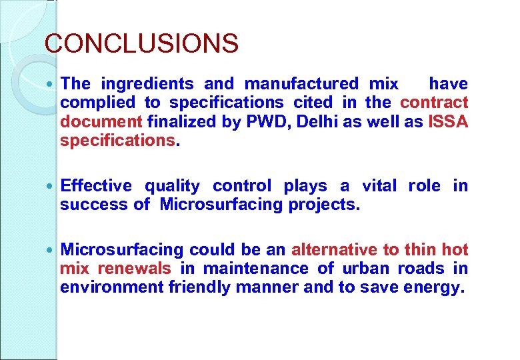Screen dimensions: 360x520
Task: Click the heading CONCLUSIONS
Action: pos(141,44)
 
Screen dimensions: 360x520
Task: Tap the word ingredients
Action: pos(147,84)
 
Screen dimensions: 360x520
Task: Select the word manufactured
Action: pos(301,84)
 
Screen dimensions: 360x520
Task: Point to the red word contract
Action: pos(434,103)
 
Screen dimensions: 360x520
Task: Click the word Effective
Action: pos(96,186)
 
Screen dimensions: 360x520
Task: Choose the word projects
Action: pos(324,205)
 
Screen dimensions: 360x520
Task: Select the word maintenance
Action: pos(256,269)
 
